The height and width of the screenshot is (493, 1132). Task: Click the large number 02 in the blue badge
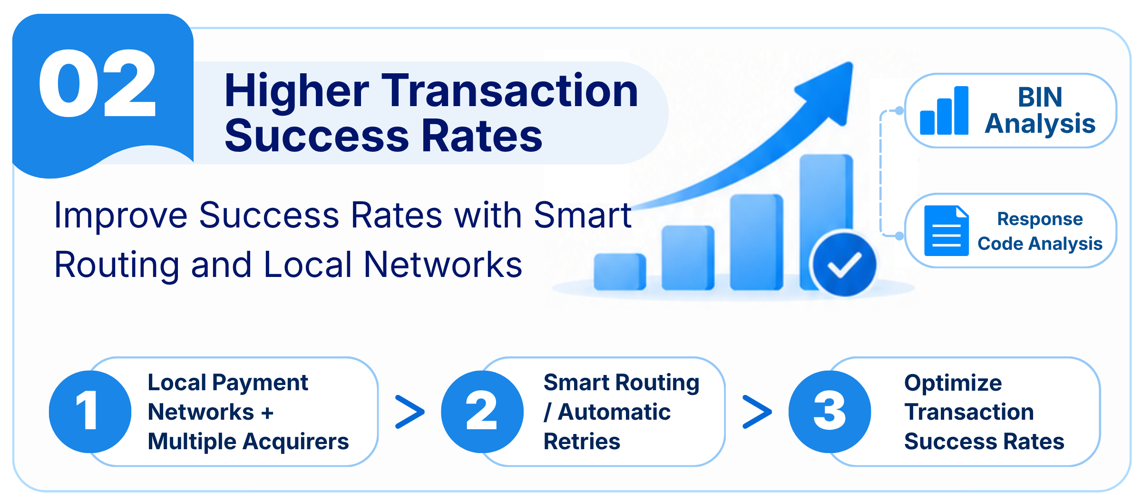tap(98, 83)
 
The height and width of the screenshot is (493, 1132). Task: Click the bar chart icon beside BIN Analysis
tap(944, 110)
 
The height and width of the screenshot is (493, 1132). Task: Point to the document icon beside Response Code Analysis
tap(947, 230)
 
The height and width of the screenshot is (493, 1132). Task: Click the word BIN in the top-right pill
tap(1040, 97)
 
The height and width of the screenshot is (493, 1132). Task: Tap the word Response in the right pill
tap(1040, 218)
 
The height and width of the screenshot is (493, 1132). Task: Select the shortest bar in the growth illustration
tap(620, 272)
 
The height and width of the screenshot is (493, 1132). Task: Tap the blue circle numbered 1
tap(90, 412)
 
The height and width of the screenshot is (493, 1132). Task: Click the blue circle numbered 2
tap(482, 412)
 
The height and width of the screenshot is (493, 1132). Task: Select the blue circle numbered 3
tap(829, 412)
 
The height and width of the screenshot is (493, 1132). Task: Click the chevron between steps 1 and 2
tap(410, 412)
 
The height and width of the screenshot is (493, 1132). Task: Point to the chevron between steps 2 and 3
tap(757, 412)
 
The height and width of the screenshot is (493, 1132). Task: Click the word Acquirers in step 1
tap(296, 442)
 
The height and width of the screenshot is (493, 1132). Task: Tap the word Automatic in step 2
tap(614, 412)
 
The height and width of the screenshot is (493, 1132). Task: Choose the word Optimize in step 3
tap(953, 383)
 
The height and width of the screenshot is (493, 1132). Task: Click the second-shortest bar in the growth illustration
tap(688, 257)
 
